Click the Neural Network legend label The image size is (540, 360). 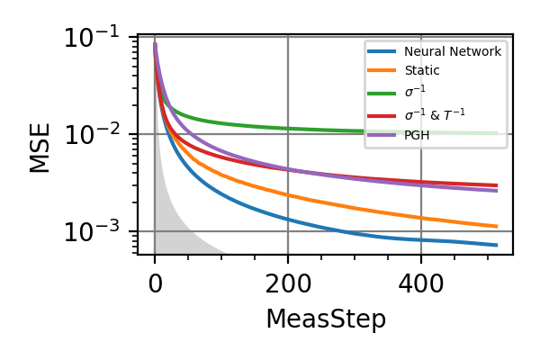click(x=453, y=52)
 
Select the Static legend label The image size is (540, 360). click(x=422, y=69)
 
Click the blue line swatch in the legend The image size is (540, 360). click(x=382, y=52)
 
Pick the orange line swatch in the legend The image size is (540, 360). click(x=382, y=69)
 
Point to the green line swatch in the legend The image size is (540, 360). click(x=382, y=91)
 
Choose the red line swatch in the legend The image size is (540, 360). click(x=382, y=114)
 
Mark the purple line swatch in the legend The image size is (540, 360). click(x=382, y=135)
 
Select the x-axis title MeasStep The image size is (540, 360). click(x=325, y=319)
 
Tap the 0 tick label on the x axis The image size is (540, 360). click(x=155, y=284)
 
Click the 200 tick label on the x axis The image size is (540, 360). click(x=288, y=284)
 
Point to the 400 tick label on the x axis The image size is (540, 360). click(x=420, y=284)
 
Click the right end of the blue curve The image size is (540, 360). click(x=497, y=245)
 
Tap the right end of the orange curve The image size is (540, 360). click(x=497, y=227)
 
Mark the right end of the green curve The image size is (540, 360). click(x=497, y=133)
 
